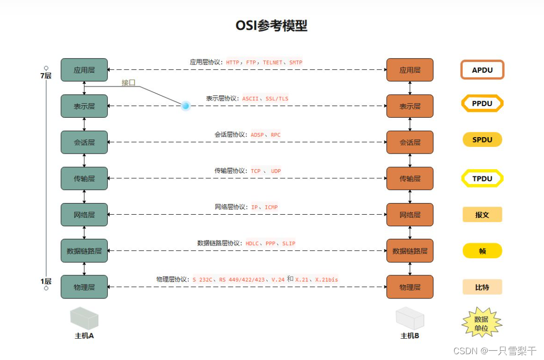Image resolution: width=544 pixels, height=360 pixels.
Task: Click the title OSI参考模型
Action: point(272,26)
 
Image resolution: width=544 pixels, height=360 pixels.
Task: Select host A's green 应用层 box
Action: point(84,70)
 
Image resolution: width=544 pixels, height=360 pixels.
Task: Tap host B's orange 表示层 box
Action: point(410,106)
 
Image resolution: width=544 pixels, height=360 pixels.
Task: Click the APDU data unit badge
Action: point(482,70)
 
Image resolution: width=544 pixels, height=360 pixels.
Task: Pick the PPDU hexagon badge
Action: point(482,103)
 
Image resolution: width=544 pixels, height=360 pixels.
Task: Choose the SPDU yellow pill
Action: point(482,140)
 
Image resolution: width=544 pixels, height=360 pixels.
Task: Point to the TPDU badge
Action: point(482,178)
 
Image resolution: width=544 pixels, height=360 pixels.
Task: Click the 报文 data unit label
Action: point(482,215)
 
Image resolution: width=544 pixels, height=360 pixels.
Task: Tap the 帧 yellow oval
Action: point(482,251)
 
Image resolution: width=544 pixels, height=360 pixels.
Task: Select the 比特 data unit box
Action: point(482,287)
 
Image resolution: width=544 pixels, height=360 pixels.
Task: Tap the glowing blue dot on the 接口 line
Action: point(185,106)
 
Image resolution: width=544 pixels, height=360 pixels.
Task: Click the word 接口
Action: point(128,82)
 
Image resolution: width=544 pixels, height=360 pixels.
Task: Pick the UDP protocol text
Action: point(276,171)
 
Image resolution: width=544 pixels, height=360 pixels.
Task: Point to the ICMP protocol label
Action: point(271,207)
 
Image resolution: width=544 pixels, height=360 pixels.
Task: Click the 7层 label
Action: point(46,76)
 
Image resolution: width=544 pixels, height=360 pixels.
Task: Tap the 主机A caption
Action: point(84,335)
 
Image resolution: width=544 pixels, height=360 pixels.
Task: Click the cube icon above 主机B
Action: point(410,318)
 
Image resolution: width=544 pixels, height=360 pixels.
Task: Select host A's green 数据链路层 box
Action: point(84,251)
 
